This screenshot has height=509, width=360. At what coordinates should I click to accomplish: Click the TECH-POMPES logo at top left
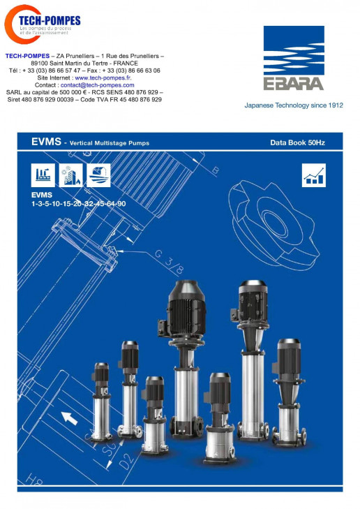pyautogui.click(x=42, y=24)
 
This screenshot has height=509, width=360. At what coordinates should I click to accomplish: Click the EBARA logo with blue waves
pyautogui.click(x=294, y=58)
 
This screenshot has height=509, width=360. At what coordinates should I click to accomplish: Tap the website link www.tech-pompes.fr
pyautogui.click(x=103, y=78)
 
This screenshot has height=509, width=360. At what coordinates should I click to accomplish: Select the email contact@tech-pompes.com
pyautogui.click(x=97, y=85)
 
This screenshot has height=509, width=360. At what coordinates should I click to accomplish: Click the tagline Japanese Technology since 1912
pyautogui.click(x=294, y=105)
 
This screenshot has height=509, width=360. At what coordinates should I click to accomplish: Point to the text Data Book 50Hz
pyautogui.click(x=297, y=142)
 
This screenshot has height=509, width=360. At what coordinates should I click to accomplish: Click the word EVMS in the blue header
pyautogui.click(x=46, y=142)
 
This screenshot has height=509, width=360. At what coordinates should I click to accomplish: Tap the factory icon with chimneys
pyautogui.click(x=43, y=175)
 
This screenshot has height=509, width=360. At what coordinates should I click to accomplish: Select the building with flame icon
pyautogui.click(x=70, y=175)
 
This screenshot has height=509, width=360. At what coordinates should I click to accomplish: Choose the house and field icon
pyautogui.click(x=98, y=175)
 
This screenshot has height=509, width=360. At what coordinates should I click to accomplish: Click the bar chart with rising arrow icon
pyautogui.click(x=314, y=175)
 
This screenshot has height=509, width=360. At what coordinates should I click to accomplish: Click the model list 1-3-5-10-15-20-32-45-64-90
pyautogui.click(x=78, y=204)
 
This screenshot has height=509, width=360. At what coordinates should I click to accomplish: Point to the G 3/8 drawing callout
pyautogui.click(x=169, y=261)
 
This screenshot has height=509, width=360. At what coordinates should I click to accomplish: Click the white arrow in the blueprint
pyautogui.click(x=69, y=418)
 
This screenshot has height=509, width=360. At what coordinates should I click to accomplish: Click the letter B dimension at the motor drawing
pyautogui.click(x=215, y=170)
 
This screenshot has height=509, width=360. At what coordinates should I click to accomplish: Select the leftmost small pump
pyautogui.click(x=101, y=402)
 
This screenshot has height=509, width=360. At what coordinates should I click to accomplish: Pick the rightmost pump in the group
pyautogui.click(x=290, y=392)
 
